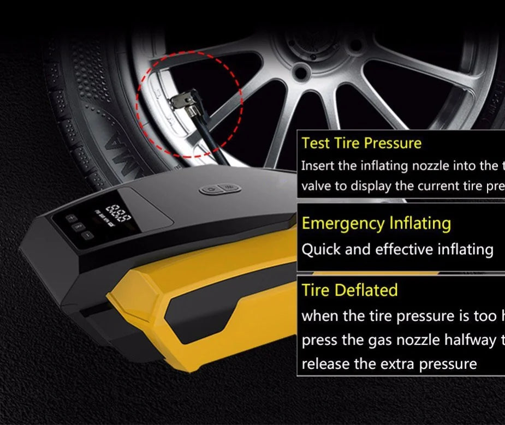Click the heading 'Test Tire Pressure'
coord(361,143)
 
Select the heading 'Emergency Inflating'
coord(376,223)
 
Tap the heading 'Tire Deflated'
coord(349,290)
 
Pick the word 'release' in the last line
coord(325,364)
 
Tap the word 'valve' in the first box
coord(317,186)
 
